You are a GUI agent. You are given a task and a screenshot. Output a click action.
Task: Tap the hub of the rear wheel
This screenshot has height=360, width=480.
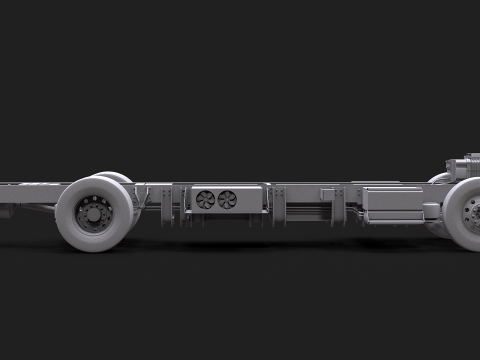click(97, 213)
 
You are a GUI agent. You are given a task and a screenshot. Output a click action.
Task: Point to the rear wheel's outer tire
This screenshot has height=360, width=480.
click(72, 230)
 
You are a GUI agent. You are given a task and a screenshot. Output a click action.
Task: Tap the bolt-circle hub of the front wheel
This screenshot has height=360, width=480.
click(473, 211)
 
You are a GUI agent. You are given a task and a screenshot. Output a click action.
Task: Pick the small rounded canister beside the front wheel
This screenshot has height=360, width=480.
click(432, 211)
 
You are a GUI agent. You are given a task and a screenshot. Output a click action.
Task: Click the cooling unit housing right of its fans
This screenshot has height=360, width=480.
click(251, 200)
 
